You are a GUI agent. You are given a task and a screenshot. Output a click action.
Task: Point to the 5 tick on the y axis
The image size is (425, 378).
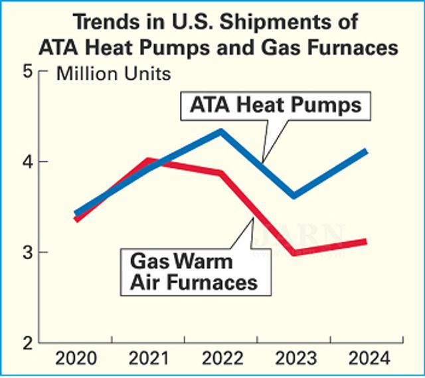point(28,71)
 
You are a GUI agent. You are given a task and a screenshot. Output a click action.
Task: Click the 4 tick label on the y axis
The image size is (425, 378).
point(28,161)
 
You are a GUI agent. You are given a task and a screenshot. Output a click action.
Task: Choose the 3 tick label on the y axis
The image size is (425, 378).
point(28,252)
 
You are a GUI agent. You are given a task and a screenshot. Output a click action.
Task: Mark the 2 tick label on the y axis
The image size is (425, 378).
point(28,343)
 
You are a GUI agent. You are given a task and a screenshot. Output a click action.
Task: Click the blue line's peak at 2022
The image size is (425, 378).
point(221,131)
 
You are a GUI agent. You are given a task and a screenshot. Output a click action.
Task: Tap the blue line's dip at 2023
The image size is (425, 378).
point(294,195)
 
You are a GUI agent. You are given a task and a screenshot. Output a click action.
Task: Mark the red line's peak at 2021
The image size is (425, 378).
point(149,161)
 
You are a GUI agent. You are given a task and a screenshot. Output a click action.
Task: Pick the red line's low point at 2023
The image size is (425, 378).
point(293,252)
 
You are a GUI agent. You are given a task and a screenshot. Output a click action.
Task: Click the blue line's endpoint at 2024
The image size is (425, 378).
point(365,151)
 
